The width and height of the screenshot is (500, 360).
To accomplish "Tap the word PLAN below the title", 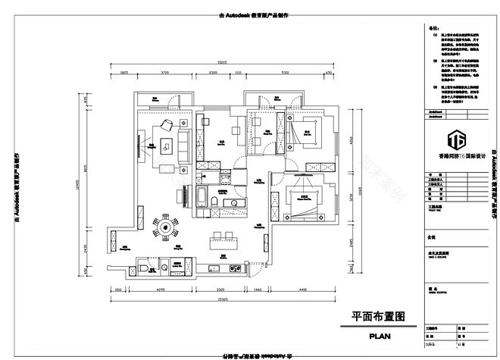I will (x=380, y=334).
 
